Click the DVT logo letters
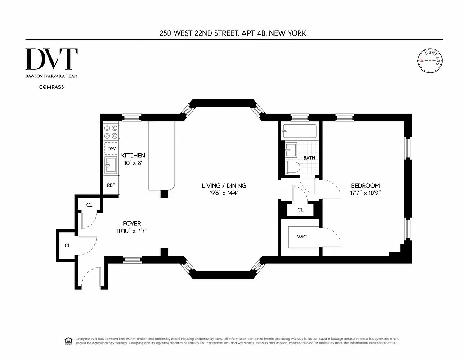tap(51, 59)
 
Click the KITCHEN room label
tap(133, 156)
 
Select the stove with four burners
tap(111, 131)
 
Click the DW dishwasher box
tap(112, 148)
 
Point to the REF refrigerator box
tap(111, 185)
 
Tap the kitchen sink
tap(110, 166)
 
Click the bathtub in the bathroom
tap(299, 131)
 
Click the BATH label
tap(309, 158)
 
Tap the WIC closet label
tap(301, 237)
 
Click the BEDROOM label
tap(365, 185)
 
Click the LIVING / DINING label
tap(224, 185)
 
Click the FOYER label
tap(132, 223)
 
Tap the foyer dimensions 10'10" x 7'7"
tap(132, 231)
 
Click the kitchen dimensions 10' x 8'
tap(133, 163)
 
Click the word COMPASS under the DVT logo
tap(51, 87)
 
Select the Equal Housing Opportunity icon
tap(68, 340)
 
